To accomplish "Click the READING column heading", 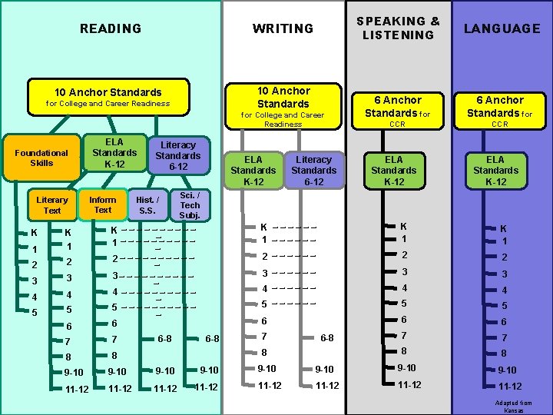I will (111, 28).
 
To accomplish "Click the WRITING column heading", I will (283, 28).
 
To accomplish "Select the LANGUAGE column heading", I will (502, 28).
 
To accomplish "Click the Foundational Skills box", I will (41, 158).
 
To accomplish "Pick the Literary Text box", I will (52, 205).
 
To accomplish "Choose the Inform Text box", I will (103, 204).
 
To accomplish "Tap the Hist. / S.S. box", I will (147, 205).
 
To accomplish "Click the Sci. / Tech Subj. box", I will (190, 205).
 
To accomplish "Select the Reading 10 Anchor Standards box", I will (108, 97).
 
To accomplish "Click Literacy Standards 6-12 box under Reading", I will (177, 155).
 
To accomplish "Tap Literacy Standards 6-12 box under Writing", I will (314, 170).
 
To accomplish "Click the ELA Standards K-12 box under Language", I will (495, 170).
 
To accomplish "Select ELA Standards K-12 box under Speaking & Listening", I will (393, 170).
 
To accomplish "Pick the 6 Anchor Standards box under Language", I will (500, 106).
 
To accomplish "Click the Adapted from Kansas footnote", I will (514, 407).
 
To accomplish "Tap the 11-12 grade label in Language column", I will (510, 387).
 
